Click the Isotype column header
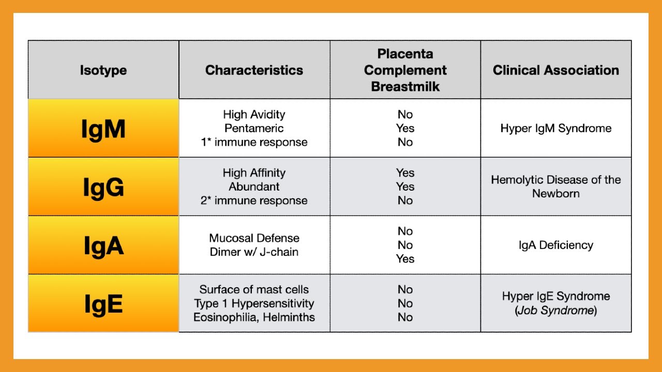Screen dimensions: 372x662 pos(103,70)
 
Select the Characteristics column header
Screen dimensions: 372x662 pos(254,70)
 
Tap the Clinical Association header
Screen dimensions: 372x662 pos(555,70)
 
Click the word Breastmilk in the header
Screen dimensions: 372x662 pos(405,86)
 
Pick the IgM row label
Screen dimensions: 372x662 pos(103,129)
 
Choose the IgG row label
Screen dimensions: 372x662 pos(103,187)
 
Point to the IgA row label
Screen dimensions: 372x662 pos(103,245)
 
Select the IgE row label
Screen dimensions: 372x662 pos(103,304)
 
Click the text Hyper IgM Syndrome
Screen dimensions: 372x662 pos(555,128)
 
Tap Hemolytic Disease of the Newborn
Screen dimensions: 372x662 pos(555,187)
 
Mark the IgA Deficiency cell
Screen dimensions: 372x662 pos(555,245)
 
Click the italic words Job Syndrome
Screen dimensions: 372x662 pos(555,311)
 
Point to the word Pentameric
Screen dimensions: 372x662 pos(254,128)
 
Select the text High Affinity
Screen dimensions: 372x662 pos(254,173)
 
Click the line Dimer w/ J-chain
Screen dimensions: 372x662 pos(254,252)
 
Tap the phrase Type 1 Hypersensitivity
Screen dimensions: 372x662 pos(254,303)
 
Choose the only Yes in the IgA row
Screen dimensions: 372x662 pos(405,259)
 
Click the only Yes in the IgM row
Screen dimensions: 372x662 pos(405,128)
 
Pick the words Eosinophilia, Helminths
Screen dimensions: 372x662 pos(254,317)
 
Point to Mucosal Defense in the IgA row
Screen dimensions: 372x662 pos(254,238)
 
